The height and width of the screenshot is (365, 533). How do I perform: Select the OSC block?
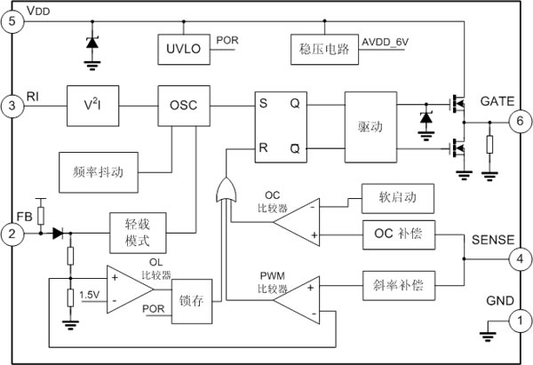coord(184,104)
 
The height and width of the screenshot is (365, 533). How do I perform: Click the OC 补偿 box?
coord(399,234)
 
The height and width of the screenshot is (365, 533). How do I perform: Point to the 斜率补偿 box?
coord(398,286)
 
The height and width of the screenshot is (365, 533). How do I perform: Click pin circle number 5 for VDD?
coord(12,22)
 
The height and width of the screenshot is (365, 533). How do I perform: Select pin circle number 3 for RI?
coord(12,104)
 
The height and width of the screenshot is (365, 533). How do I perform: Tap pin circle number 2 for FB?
coord(12,234)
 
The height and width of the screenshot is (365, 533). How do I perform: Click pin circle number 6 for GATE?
coord(519,120)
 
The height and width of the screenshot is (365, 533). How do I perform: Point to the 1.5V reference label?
coord(89,293)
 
